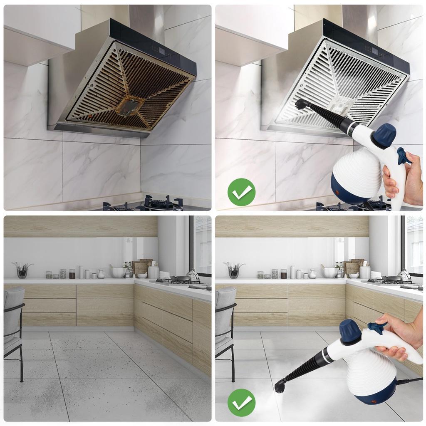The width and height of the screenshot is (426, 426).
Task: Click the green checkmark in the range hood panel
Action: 241,192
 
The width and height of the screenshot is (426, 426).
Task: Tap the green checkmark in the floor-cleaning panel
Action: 241,403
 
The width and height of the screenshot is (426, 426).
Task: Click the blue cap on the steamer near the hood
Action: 384,135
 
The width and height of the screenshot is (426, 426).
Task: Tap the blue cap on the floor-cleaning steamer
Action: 350,331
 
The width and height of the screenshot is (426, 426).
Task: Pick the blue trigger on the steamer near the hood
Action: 403,156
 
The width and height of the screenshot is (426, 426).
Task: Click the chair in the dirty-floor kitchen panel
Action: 14,329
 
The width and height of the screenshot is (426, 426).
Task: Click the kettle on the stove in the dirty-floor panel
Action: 193,275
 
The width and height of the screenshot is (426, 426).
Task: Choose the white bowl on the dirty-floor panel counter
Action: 118,272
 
